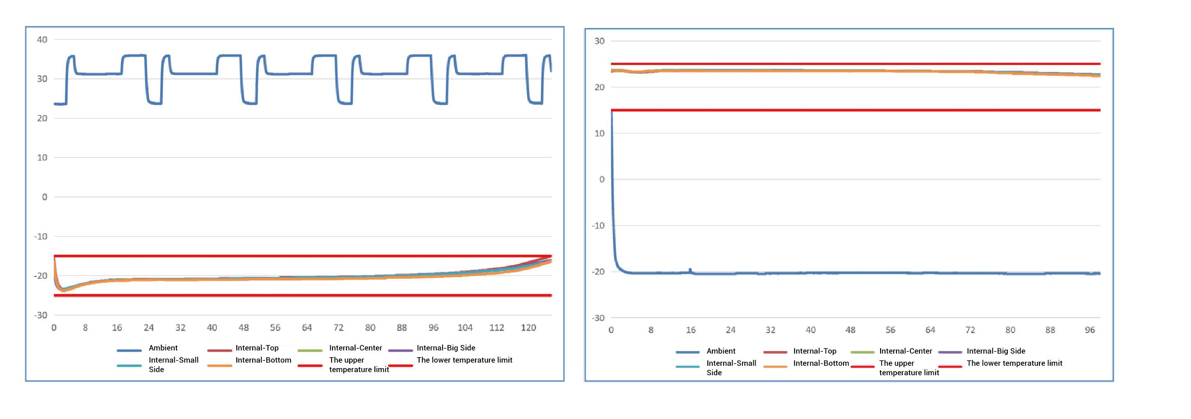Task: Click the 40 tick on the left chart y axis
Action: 42,40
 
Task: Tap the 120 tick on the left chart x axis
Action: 528,328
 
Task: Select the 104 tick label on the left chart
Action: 465,328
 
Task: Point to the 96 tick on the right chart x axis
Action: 1090,330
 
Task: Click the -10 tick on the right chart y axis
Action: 598,226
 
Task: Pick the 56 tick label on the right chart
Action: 890,330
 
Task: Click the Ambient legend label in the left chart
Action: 163,348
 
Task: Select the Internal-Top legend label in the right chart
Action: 815,351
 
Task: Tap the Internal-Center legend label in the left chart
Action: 355,348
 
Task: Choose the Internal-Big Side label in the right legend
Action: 996,351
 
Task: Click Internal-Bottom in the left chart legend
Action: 263,360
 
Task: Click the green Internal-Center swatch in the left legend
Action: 310,350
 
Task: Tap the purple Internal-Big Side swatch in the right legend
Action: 950,352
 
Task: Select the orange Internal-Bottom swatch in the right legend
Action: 776,366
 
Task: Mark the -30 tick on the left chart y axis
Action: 41,315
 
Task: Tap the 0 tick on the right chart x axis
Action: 611,330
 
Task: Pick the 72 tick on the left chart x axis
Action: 338,328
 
